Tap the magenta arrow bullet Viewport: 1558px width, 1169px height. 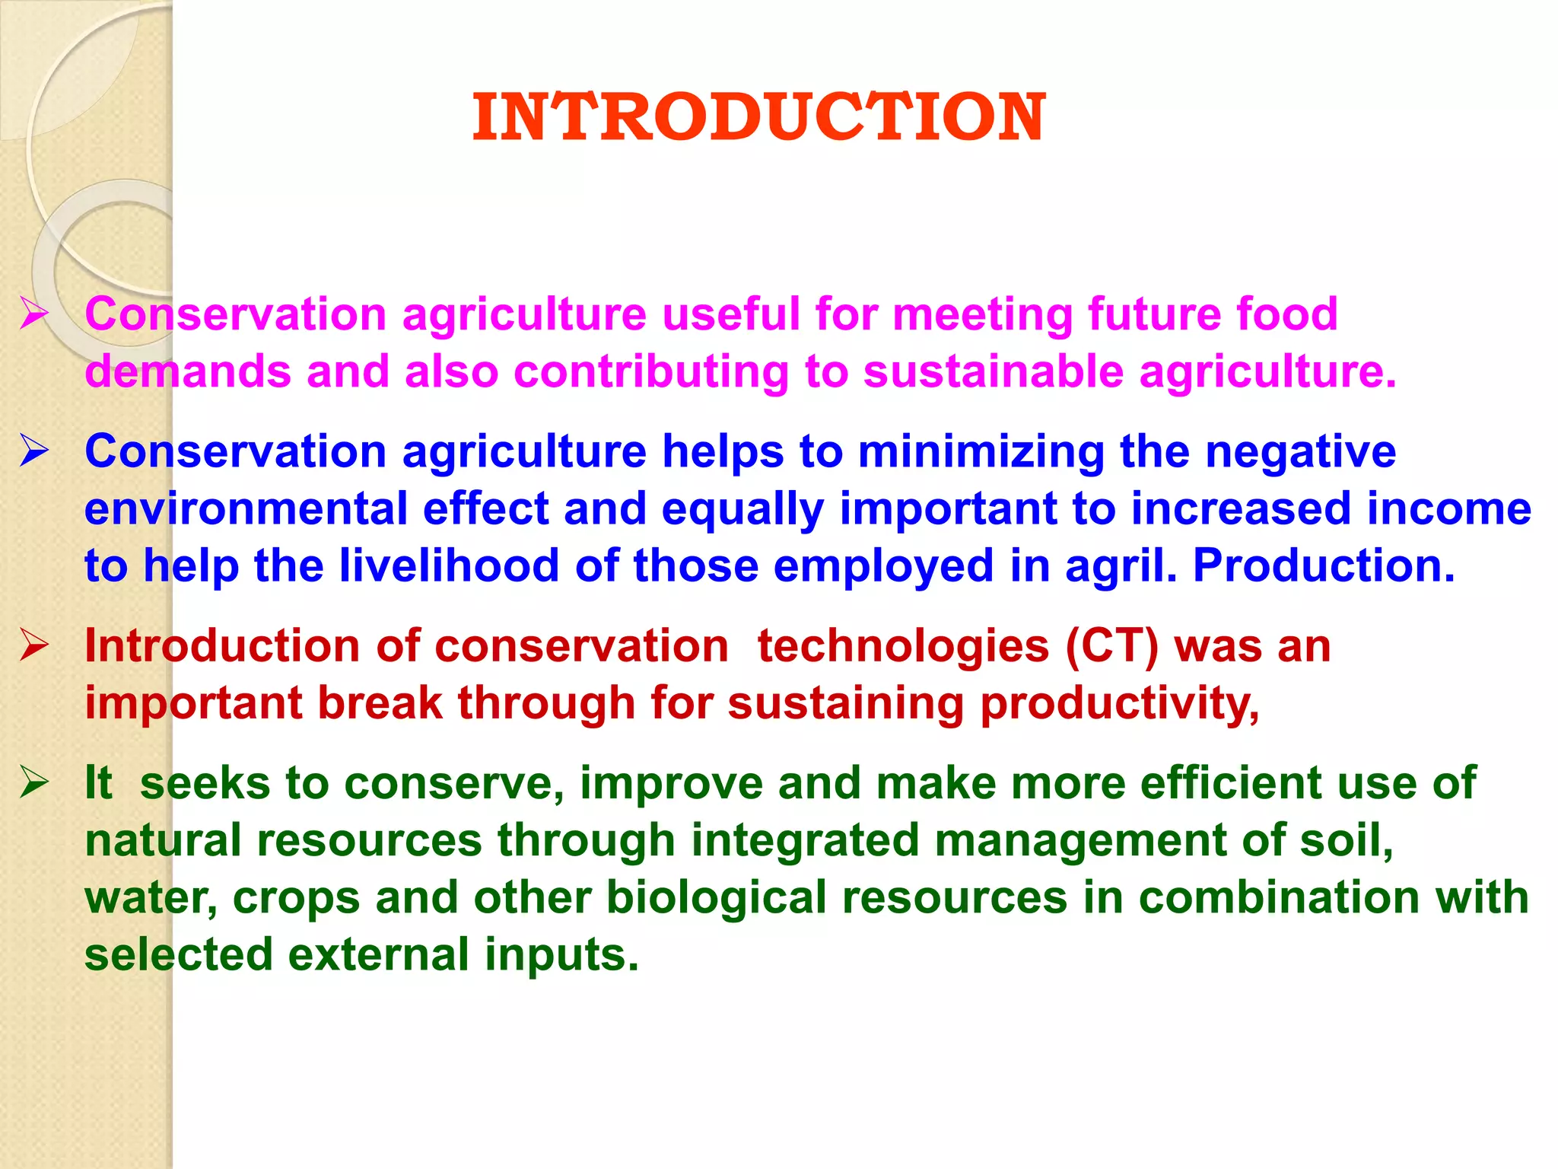pyautogui.click(x=35, y=314)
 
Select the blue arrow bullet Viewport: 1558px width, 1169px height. pyautogui.click(x=35, y=451)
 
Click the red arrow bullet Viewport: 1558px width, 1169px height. pyautogui.click(x=35, y=645)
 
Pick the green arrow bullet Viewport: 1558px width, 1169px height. pyautogui.click(x=35, y=782)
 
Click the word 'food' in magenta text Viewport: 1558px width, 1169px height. pyautogui.click(x=1286, y=314)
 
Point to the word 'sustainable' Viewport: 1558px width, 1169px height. pyautogui.click(x=992, y=371)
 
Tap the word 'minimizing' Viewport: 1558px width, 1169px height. pyautogui.click(x=981, y=451)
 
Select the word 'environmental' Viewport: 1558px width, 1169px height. pyautogui.click(x=245, y=508)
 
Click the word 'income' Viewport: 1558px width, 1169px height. pyautogui.click(x=1448, y=508)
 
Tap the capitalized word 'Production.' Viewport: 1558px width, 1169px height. pyautogui.click(x=1324, y=565)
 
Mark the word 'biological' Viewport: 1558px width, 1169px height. pyautogui.click(x=716, y=898)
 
